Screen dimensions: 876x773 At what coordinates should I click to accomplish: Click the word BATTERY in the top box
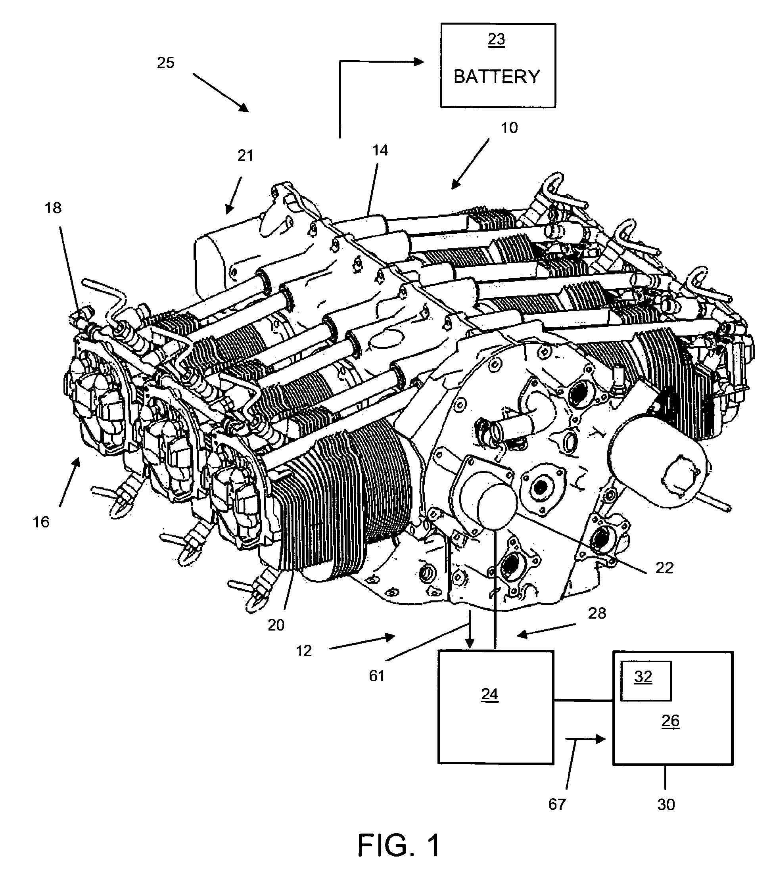(497, 77)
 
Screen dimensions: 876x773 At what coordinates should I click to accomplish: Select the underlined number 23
(497, 39)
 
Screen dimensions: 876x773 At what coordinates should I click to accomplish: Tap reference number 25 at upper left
(165, 63)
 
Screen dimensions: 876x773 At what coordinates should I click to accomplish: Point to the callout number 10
(509, 128)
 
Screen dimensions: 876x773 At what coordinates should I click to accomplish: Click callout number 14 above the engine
(380, 150)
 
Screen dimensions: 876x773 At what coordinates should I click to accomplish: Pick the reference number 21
(245, 155)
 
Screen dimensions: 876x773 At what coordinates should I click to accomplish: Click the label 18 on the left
(53, 208)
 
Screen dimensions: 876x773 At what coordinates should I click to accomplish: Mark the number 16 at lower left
(41, 522)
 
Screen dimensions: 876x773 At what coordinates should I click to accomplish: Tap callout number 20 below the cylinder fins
(276, 625)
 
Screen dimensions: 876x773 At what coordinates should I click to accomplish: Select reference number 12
(303, 651)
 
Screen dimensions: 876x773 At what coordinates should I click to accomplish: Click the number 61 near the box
(377, 676)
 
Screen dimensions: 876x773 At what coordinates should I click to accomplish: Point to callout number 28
(597, 613)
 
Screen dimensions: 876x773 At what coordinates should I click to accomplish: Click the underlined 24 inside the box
(489, 694)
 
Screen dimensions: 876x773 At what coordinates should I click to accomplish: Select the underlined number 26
(670, 721)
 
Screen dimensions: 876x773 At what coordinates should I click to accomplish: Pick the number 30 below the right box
(666, 805)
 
